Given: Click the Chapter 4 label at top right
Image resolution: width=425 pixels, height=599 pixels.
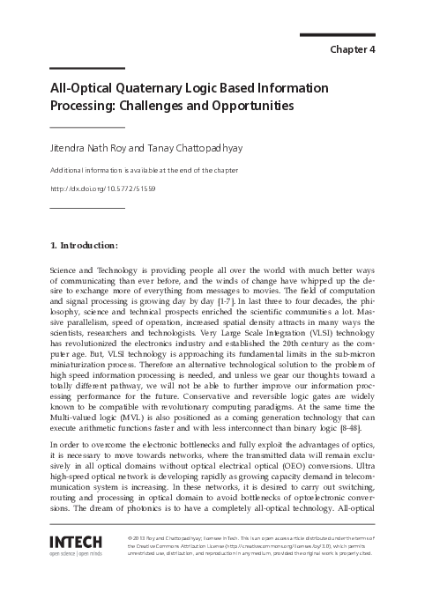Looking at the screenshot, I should point(353,48).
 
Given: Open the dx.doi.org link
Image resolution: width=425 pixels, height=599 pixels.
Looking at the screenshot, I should point(97,189).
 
